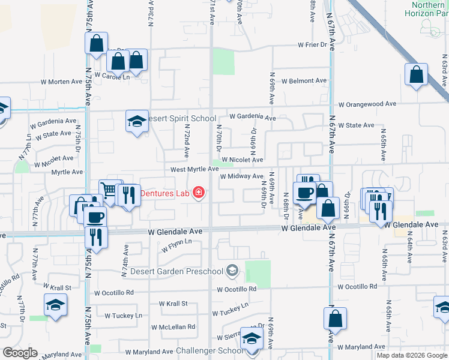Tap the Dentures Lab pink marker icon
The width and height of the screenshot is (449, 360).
point(198,193)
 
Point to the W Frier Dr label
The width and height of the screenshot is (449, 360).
point(316,45)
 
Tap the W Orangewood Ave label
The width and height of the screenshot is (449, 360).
point(367,104)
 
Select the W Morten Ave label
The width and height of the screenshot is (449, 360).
point(61,82)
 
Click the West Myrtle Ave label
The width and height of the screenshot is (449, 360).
point(194,170)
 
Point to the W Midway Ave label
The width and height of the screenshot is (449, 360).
point(241,176)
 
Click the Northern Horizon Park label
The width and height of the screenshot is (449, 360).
point(427,8)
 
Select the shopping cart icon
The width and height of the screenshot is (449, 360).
point(109,190)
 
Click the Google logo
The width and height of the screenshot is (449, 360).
point(20,353)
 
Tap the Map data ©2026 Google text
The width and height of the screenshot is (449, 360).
point(411,355)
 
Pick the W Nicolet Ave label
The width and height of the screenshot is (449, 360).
point(242,160)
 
